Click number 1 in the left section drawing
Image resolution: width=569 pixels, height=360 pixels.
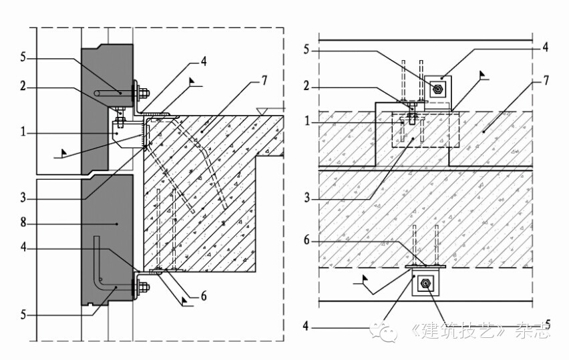pos(23,133)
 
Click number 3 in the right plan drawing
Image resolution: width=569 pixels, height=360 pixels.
pos(306,198)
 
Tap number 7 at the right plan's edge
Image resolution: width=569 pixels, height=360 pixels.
pos(546,81)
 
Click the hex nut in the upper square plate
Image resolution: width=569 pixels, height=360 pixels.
pos(437,89)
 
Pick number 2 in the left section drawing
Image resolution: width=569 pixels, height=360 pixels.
pos(23,87)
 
